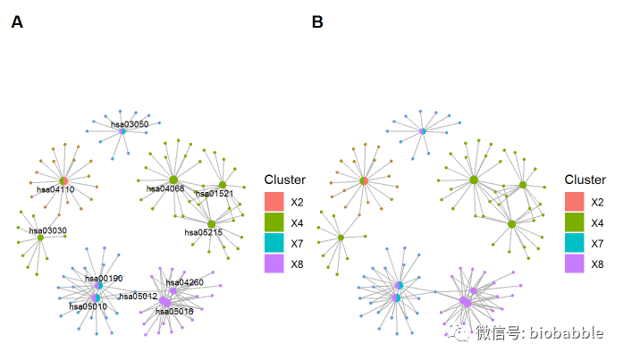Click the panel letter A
point(17,22)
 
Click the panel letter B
point(317,22)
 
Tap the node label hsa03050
point(130,124)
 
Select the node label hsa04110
point(55,189)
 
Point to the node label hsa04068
point(165,188)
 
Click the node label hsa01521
point(214,194)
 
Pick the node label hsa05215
point(203,232)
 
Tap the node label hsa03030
point(47,231)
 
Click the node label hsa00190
point(104,279)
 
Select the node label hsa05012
point(139,296)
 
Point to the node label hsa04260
point(185,282)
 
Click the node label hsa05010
point(88,306)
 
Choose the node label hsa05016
point(174,311)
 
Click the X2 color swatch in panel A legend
point(274,201)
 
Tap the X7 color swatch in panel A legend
point(274,242)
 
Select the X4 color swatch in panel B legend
point(575,222)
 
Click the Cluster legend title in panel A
point(284,180)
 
